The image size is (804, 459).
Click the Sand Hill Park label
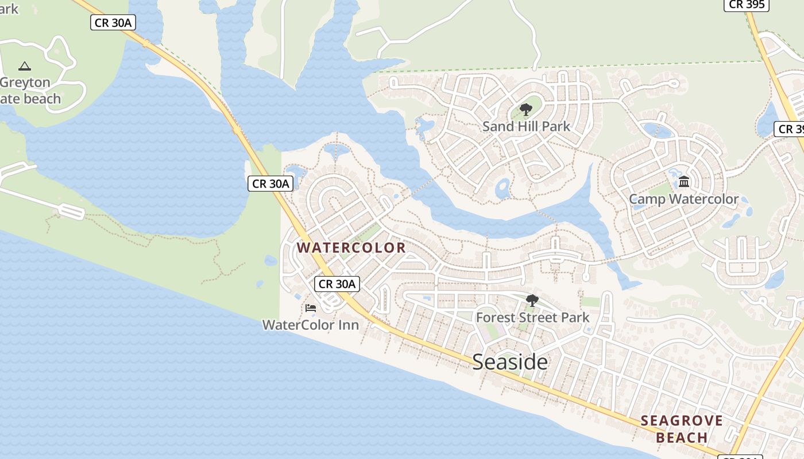(x=526, y=126)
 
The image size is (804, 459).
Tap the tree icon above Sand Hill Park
(x=525, y=110)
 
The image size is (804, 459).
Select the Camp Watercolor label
(x=683, y=199)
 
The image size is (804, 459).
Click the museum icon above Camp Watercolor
(x=684, y=182)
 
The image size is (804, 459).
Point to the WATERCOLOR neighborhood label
(x=351, y=248)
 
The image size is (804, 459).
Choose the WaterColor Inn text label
(x=311, y=325)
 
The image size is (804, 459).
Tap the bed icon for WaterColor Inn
(x=311, y=308)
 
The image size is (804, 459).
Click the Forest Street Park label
(x=532, y=317)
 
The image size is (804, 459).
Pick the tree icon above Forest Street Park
(x=532, y=300)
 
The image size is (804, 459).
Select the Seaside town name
(x=510, y=362)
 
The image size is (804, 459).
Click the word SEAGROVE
(x=682, y=421)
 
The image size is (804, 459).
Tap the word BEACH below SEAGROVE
(x=682, y=438)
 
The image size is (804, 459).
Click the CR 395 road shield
(x=746, y=5)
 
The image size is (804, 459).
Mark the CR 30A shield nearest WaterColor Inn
(x=338, y=283)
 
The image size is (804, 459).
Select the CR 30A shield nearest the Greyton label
(x=113, y=23)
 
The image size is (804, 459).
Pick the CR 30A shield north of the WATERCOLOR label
(x=271, y=184)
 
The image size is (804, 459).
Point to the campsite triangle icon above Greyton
(x=24, y=67)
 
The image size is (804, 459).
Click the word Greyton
(x=25, y=83)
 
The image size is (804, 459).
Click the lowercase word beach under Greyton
(x=41, y=99)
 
